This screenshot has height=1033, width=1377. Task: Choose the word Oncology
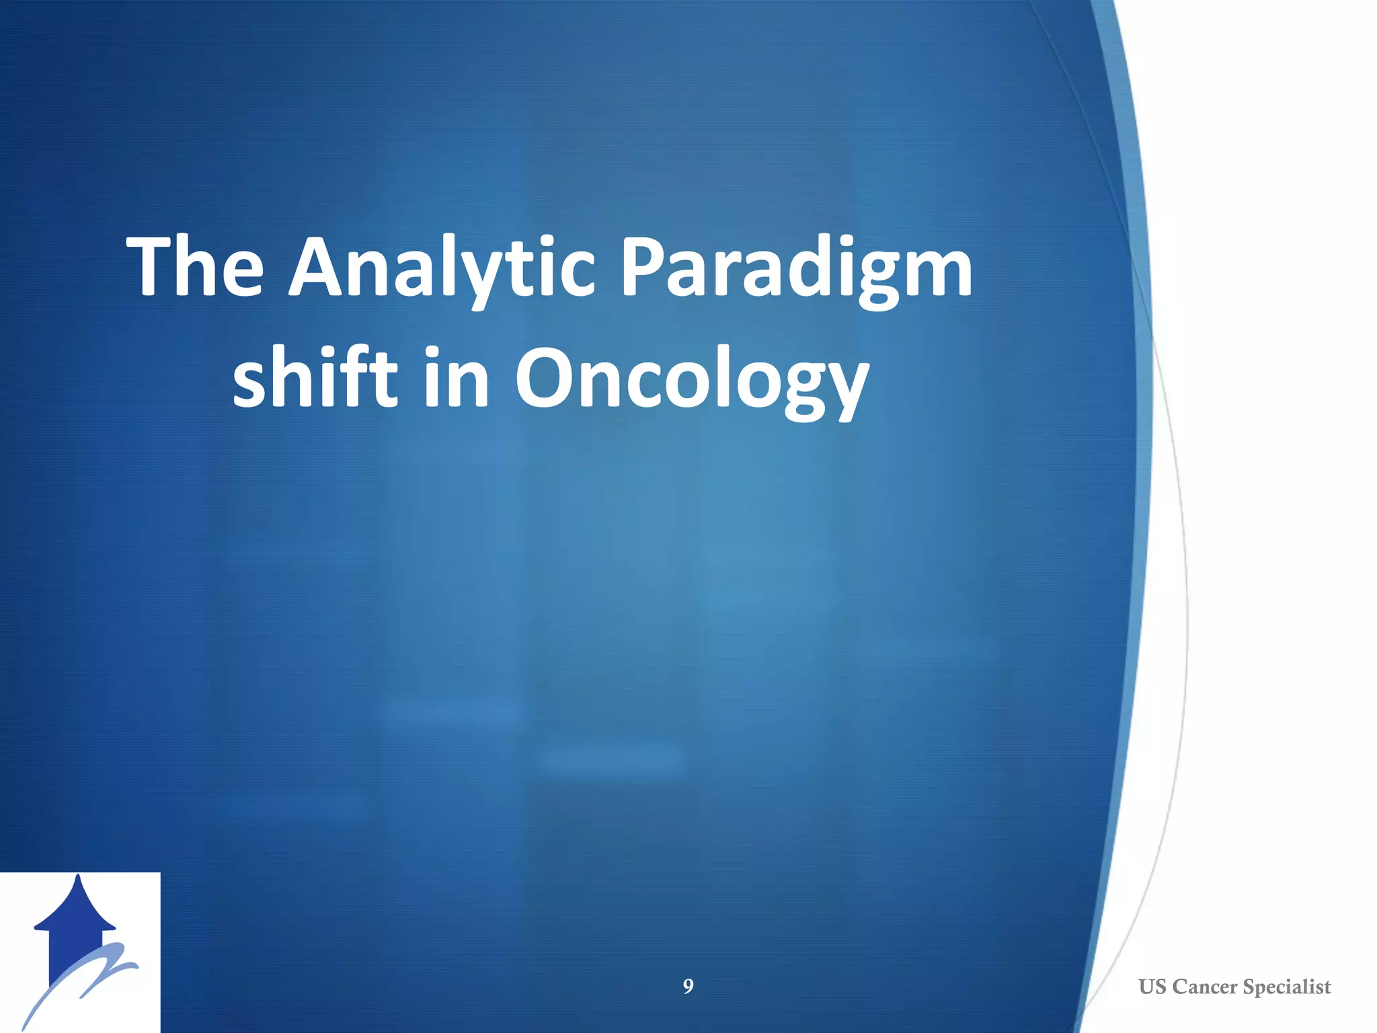tap(693, 380)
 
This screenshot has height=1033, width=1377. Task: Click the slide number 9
tap(688, 987)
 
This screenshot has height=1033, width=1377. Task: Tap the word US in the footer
tap(1152, 987)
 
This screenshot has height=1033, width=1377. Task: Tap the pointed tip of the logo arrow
tap(79, 878)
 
